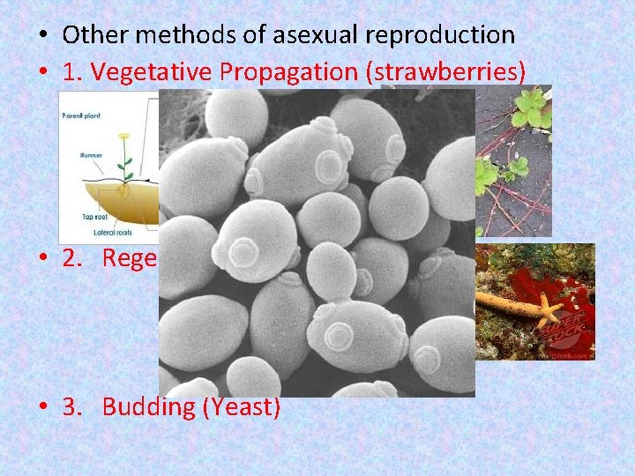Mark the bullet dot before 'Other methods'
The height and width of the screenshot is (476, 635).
[x=43, y=36]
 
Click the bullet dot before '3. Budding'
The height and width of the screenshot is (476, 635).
[x=43, y=407]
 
